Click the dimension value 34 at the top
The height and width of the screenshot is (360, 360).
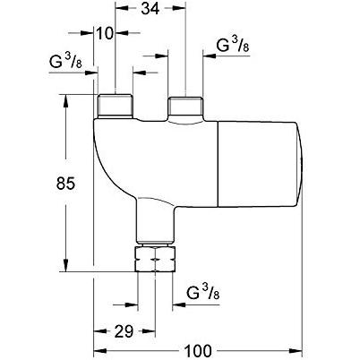150,9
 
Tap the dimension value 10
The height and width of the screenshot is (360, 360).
105,33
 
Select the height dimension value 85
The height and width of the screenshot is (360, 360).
65,184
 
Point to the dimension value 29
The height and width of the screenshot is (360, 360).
124,331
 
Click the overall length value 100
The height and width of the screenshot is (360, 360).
198,350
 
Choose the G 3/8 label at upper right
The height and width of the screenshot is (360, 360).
233,45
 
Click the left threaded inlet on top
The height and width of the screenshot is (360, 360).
115,106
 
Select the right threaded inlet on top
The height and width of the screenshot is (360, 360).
185,107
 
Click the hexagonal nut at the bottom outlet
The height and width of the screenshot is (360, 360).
155,259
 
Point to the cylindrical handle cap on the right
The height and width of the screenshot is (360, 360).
260,164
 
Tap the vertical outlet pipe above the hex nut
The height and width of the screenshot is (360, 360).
155,220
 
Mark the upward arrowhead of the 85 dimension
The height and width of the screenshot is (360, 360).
65,101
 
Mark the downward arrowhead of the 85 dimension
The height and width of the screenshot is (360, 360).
65,266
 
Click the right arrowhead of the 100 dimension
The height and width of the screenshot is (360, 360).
296,350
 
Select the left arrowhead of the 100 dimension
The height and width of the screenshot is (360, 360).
100,350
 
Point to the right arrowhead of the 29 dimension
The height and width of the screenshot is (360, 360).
149,331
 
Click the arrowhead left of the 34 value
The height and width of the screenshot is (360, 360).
121,9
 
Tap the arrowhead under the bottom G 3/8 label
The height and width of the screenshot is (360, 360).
178,304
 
